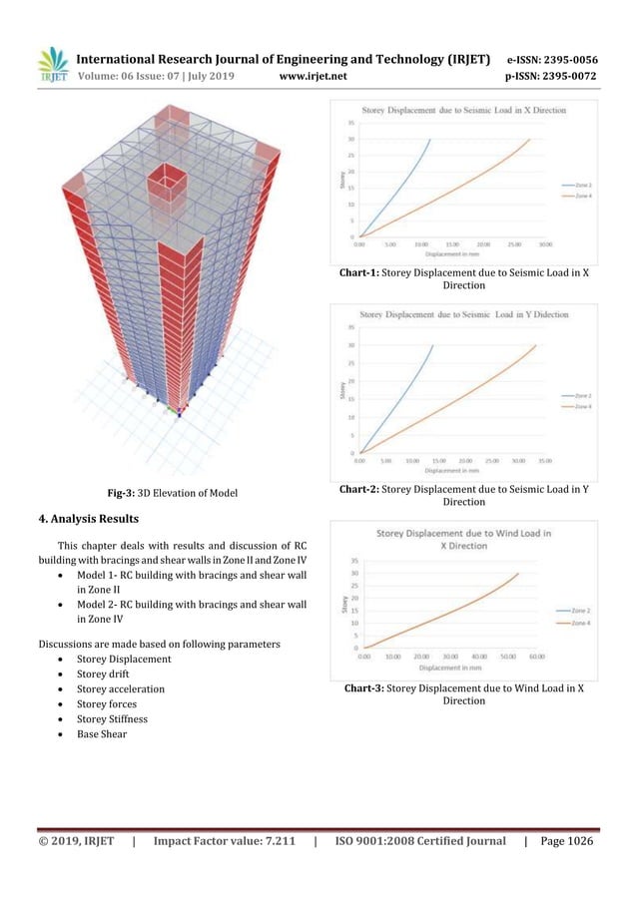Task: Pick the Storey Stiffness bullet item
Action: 124,718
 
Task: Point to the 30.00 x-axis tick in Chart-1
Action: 545,243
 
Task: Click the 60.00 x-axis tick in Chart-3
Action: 536,657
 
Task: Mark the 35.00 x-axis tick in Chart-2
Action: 545,461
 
